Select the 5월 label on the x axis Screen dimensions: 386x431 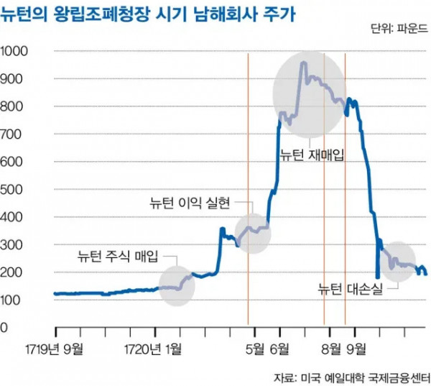point(256,349)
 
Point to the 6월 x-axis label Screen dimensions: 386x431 point(280,349)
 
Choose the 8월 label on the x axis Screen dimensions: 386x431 point(331,349)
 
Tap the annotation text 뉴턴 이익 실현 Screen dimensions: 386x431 point(189,203)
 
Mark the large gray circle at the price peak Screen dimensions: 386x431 point(309,96)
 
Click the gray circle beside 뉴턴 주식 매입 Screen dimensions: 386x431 point(177,283)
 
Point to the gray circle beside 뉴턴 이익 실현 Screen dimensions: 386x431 point(253,233)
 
